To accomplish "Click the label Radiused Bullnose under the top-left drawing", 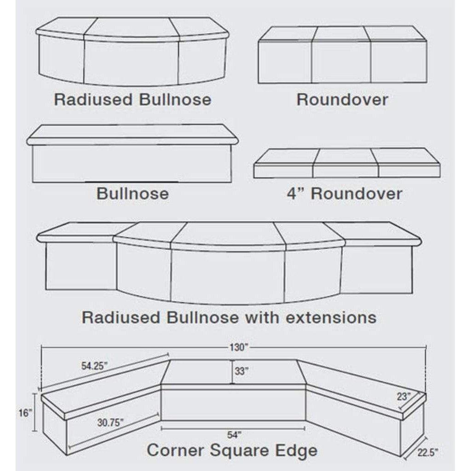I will (132, 99).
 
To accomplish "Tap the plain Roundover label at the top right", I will (342, 99).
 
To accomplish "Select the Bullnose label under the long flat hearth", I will (132, 193).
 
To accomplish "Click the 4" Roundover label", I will (344, 193).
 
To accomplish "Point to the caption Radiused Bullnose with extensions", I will (229, 317).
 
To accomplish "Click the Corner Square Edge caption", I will (232, 450).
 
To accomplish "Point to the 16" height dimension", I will (27, 413).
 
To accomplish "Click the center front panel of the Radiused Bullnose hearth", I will (131, 62).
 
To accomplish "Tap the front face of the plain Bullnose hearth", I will (132, 163).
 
